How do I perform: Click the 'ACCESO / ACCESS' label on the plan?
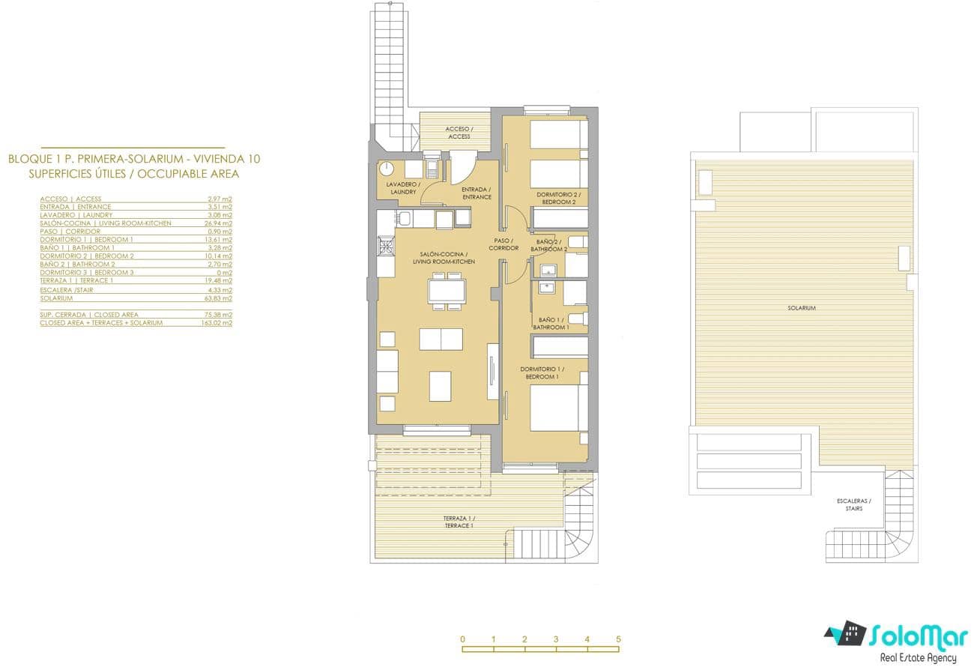(x=459, y=133)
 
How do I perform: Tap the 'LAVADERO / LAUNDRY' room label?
(x=403, y=188)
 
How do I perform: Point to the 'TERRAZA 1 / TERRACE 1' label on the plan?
(x=459, y=522)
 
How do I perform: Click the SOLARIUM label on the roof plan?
(x=802, y=308)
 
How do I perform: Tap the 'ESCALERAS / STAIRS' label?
(x=850, y=504)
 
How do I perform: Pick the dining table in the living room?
(x=447, y=289)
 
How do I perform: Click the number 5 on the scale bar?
(x=618, y=639)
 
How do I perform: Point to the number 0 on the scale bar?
(x=462, y=639)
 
